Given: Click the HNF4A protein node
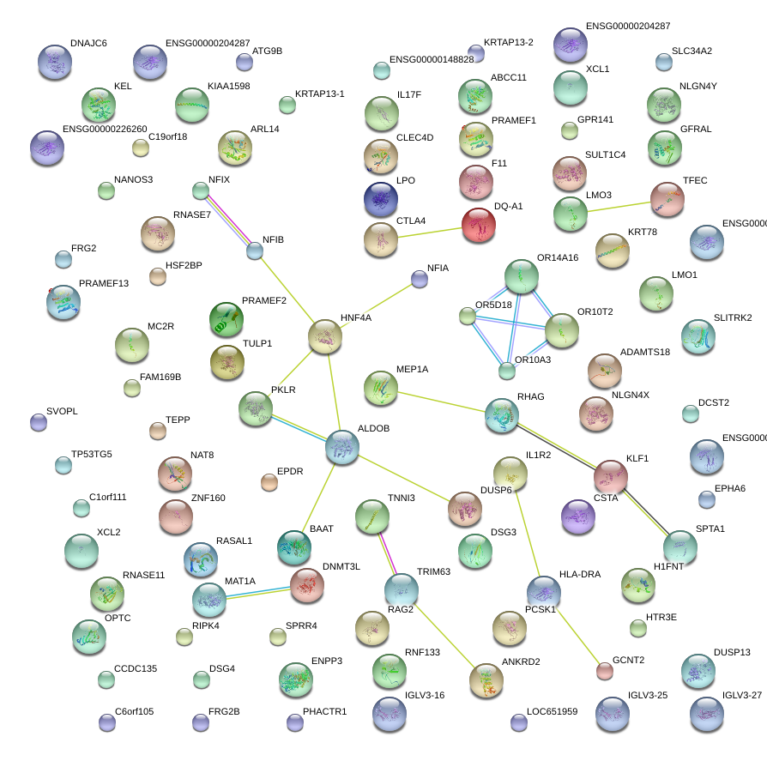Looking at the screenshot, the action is pyautogui.click(x=326, y=336).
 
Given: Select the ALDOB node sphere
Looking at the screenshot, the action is pyautogui.click(x=342, y=448).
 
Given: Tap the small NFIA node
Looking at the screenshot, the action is pyautogui.click(x=419, y=278).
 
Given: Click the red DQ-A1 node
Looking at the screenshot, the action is pyautogui.click(x=478, y=226).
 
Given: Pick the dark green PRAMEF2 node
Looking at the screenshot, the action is pyautogui.click(x=226, y=319).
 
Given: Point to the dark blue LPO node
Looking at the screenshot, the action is pyautogui.click(x=380, y=199).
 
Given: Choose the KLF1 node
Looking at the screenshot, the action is pyautogui.click(x=611, y=477).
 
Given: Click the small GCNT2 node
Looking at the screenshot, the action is pyautogui.click(x=605, y=671).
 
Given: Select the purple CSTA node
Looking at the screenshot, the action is pyautogui.click(x=577, y=516).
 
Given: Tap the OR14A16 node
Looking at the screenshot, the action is pyautogui.click(x=522, y=276).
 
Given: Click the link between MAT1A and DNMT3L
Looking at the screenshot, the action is pyautogui.click(x=257, y=592).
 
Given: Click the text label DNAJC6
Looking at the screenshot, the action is pyautogui.click(x=88, y=43).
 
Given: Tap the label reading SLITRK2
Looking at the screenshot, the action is pyautogui.click(x=732, y=318).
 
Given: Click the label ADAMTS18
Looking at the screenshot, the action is pyautogui.click(x=645, y=353).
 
